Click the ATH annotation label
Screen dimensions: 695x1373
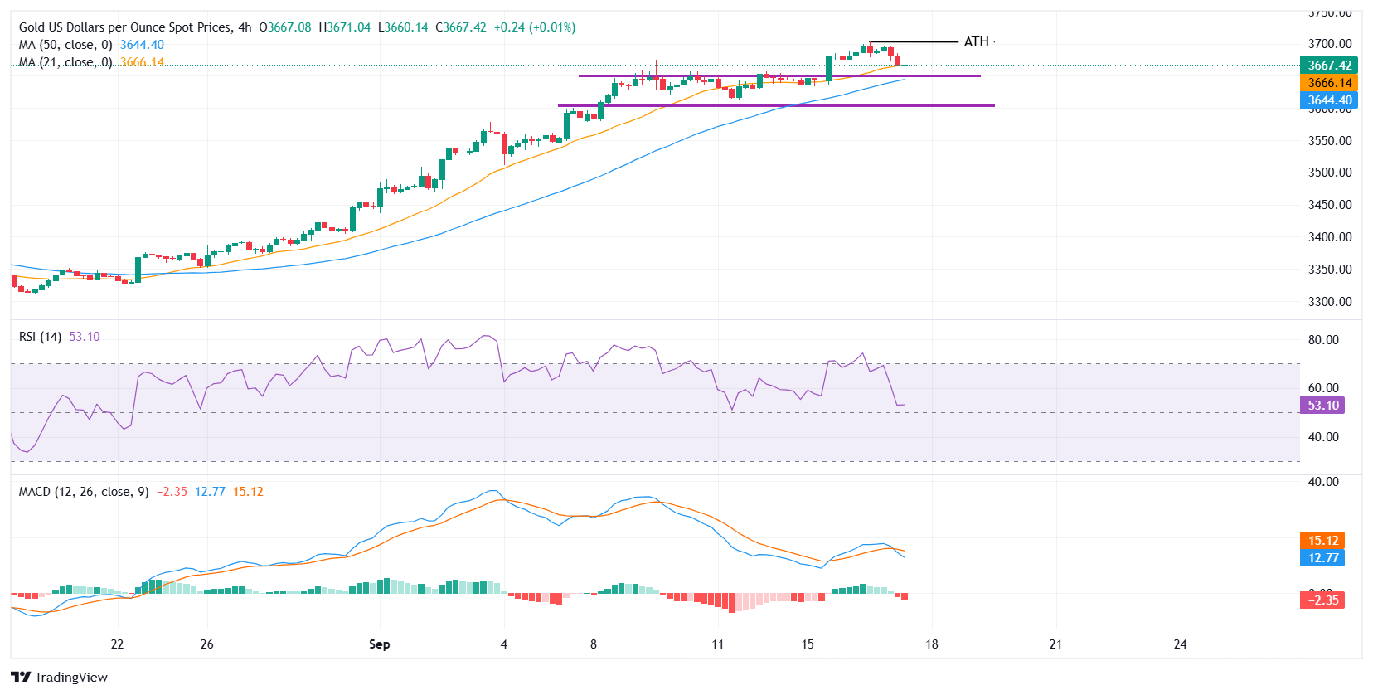click(x=976, y=41)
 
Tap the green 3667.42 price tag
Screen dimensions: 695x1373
click(x=1330, y=66)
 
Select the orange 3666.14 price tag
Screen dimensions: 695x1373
click(x=1330, y=83)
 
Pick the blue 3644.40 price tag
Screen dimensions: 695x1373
click(x=1330, y=100)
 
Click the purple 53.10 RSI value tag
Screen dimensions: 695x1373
click(x=1323, y=406)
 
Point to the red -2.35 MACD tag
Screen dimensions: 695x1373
click(x=1322, y=600)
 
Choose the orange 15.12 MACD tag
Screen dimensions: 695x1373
click(x=1323, y=541)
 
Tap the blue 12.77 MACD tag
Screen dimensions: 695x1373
click(x=1323, y=558)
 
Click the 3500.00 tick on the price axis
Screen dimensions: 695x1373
click(x=1330, y=173)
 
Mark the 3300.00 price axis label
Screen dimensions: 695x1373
click(x=1330, y=302)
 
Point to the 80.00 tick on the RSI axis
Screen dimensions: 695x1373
click(x=1323, y=340)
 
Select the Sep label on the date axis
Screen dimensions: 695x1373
click(x=379, y=644)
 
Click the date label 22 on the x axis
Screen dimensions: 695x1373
click(x=117, y=644)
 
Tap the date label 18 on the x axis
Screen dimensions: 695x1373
click(x=932, y=644)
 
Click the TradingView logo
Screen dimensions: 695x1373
click(x=60, y=677)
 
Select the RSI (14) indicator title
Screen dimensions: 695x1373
click(x=40, y=337)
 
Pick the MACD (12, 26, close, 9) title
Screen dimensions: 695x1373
click(x=84, y=492)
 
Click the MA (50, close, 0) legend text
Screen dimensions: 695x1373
click(x=65, y=45)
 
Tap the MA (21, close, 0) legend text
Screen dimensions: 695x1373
click(x=65, y=62)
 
